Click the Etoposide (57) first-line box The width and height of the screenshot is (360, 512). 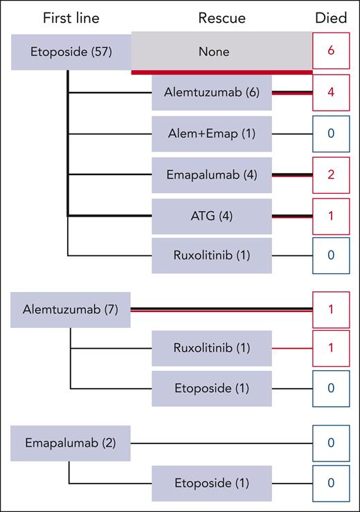coord(71,52)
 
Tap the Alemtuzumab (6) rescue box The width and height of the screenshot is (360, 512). coord(212,93)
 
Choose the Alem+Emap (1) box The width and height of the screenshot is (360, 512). coord(212,134)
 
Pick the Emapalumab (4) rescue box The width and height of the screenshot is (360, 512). coord(212,174)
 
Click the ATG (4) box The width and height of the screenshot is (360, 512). coord(212,216)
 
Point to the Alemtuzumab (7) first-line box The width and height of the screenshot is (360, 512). coord(71,310)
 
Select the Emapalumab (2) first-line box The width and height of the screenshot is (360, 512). coord(71,443)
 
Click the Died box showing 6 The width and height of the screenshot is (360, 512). coord(330,52)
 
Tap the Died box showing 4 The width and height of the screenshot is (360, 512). coord(330,93)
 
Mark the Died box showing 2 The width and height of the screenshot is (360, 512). coord(330,174)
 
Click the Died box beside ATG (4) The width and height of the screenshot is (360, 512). coord(330,216)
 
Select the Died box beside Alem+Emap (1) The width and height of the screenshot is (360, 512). coord(330,134)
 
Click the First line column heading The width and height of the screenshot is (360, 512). coord(71,19)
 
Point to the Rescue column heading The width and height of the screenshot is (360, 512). coord(222,19)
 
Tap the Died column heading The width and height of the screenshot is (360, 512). coord(330,19)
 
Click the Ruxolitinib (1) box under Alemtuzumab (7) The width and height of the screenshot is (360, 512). coord(212,347)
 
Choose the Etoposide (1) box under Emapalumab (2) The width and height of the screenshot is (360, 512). coord(212,483)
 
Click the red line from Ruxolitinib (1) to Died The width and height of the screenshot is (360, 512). coord(292,347)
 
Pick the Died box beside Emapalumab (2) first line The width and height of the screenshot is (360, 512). coord(330,443)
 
